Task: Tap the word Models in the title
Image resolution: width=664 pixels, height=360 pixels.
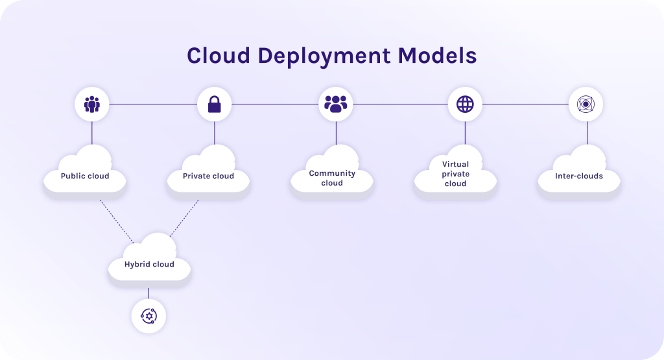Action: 437,56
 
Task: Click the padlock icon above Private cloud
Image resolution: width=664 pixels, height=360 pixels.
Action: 215,104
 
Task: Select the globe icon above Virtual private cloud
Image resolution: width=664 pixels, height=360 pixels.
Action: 465,104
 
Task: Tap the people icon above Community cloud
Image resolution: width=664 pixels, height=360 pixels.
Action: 336,104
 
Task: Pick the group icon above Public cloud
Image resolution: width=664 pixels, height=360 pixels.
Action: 91,104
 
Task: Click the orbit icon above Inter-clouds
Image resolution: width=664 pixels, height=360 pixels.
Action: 586,104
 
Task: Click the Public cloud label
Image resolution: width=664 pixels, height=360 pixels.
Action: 85,176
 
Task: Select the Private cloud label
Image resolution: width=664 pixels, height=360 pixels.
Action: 208,176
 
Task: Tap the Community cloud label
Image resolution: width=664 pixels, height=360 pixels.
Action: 332,178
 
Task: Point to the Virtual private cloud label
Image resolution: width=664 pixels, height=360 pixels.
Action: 455,174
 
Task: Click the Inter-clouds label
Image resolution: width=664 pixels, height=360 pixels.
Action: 579,176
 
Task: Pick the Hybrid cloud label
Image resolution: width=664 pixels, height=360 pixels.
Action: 149,264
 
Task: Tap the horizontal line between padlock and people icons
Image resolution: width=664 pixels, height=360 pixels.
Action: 275,104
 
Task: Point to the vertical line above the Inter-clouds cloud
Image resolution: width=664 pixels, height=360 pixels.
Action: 587,133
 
